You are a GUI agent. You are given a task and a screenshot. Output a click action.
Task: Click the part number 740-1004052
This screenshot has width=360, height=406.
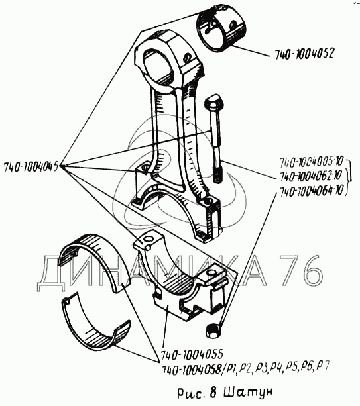click(x=305, y=54)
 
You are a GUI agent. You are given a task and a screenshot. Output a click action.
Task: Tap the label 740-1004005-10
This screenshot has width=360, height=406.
click(x=311, y=162)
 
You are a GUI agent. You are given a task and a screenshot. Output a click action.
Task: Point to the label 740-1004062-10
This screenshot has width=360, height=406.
click(x=310, y=176)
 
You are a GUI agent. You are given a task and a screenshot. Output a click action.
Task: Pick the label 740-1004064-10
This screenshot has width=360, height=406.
click(x=311, y=191)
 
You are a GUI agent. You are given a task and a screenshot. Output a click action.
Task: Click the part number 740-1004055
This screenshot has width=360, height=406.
click(x=192, y=354)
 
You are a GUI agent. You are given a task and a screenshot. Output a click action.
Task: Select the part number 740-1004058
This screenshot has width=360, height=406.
click(x=191, y=368)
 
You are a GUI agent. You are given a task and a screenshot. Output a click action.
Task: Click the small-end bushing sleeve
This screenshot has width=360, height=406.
click(x=220, y=28)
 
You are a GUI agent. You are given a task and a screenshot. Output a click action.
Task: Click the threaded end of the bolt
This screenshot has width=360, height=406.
click(x=217, y=174)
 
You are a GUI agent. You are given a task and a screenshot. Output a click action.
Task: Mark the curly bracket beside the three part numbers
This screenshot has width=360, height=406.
click(x=349, y=176)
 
